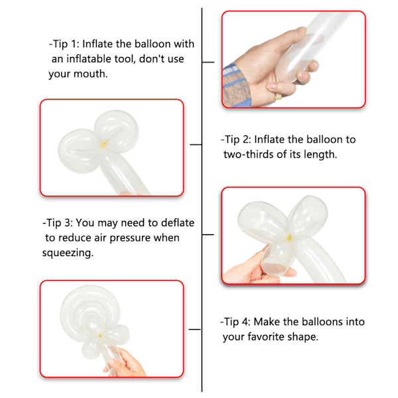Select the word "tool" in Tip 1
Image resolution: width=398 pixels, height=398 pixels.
pyautogui.click(x=123, y=59)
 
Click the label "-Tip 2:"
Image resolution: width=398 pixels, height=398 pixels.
pyautogui.click(x=236, y=139)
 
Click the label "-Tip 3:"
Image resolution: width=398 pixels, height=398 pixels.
pyautogui.click(x=58, y=223)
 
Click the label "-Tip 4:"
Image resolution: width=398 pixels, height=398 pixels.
pyautogui.click(x=235, y=322)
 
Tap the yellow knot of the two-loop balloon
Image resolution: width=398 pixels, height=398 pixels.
pyautogui.click(x=104, y=144)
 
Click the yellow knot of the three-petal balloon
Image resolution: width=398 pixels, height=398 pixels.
pyautogui.click(x=289, y=237)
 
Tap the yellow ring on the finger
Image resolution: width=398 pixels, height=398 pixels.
pyautogui.click(x=278, y=97)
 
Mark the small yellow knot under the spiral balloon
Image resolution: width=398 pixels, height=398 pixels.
pyautogui.click(x=100, y=336)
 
